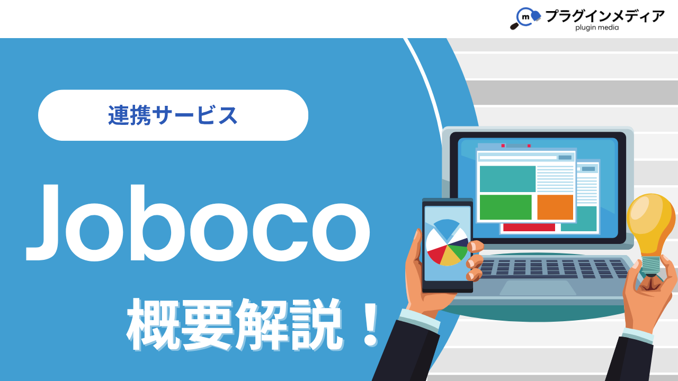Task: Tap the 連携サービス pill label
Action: [173, 115]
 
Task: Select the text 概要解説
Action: [233, 324]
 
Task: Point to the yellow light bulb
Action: [650, 222]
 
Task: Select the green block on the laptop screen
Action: [505, 207]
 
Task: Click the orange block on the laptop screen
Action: [555, 207]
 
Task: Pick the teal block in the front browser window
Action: [507, 179]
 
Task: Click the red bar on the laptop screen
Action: [529, 228]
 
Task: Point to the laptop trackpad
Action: [537, 288]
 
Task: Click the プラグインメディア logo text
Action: [604, 16]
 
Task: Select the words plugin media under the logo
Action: [597, 28]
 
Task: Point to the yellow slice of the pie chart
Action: [451, 258]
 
